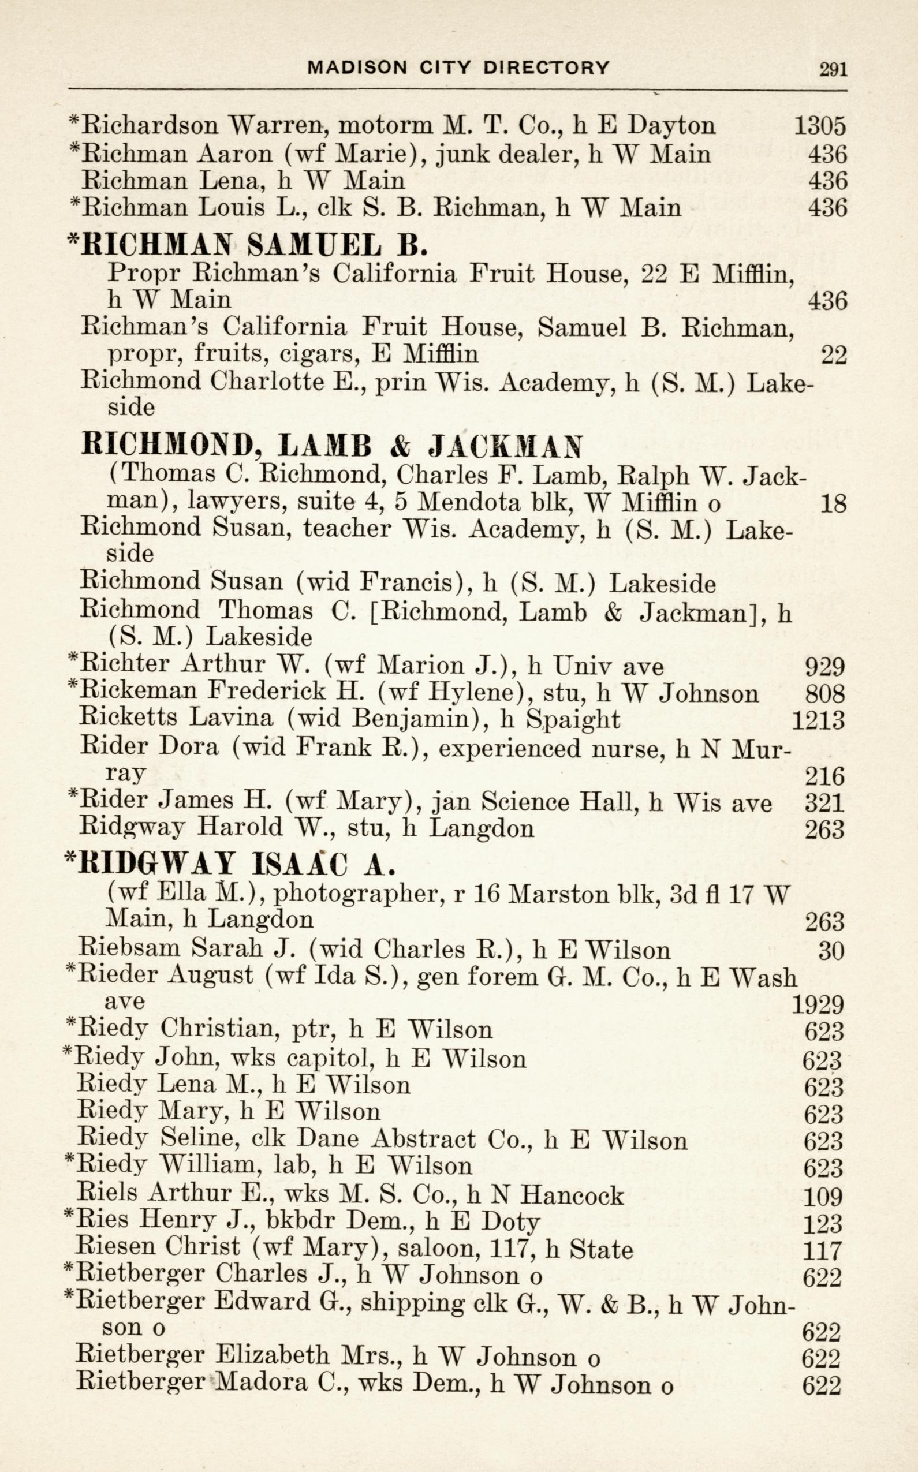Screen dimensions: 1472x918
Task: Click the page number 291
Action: pyautogui.click(x=833, y=69)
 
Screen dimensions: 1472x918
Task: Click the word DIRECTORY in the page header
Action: pyautogui.click(x=546, y=68)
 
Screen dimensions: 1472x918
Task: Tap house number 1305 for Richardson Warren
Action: pyautogui.click(x=820, y=126)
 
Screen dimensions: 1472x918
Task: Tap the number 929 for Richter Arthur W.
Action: pyautogui.click(x=824, y=667)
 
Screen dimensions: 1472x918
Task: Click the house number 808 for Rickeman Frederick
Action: pyautogui.click(x=824, y=693)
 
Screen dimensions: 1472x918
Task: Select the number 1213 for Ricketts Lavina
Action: pyautogui.click(x=819, y=720)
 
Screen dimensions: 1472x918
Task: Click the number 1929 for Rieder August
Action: pyautogui.click(x=818, y=1005)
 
